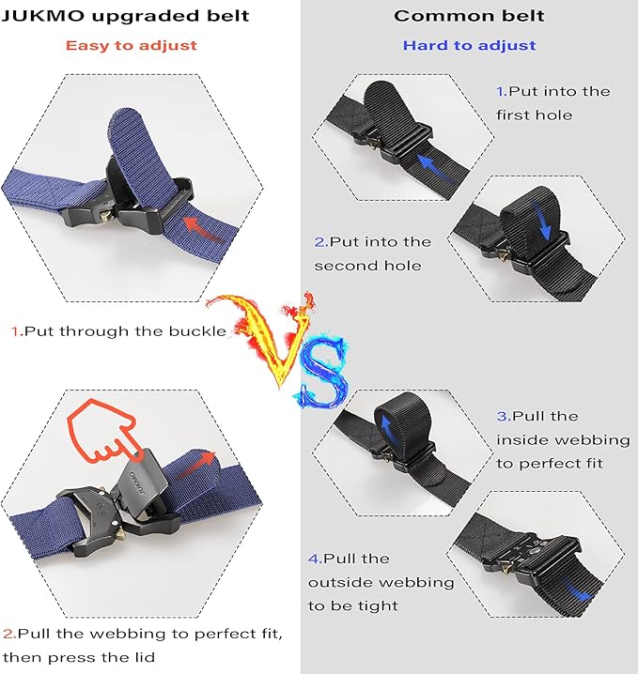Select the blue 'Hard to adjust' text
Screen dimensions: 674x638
[469, 45]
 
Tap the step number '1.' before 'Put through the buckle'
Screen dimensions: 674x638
[16, 331]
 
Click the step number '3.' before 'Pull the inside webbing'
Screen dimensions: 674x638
[503, 416]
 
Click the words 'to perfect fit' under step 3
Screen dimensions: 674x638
[551, 464]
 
